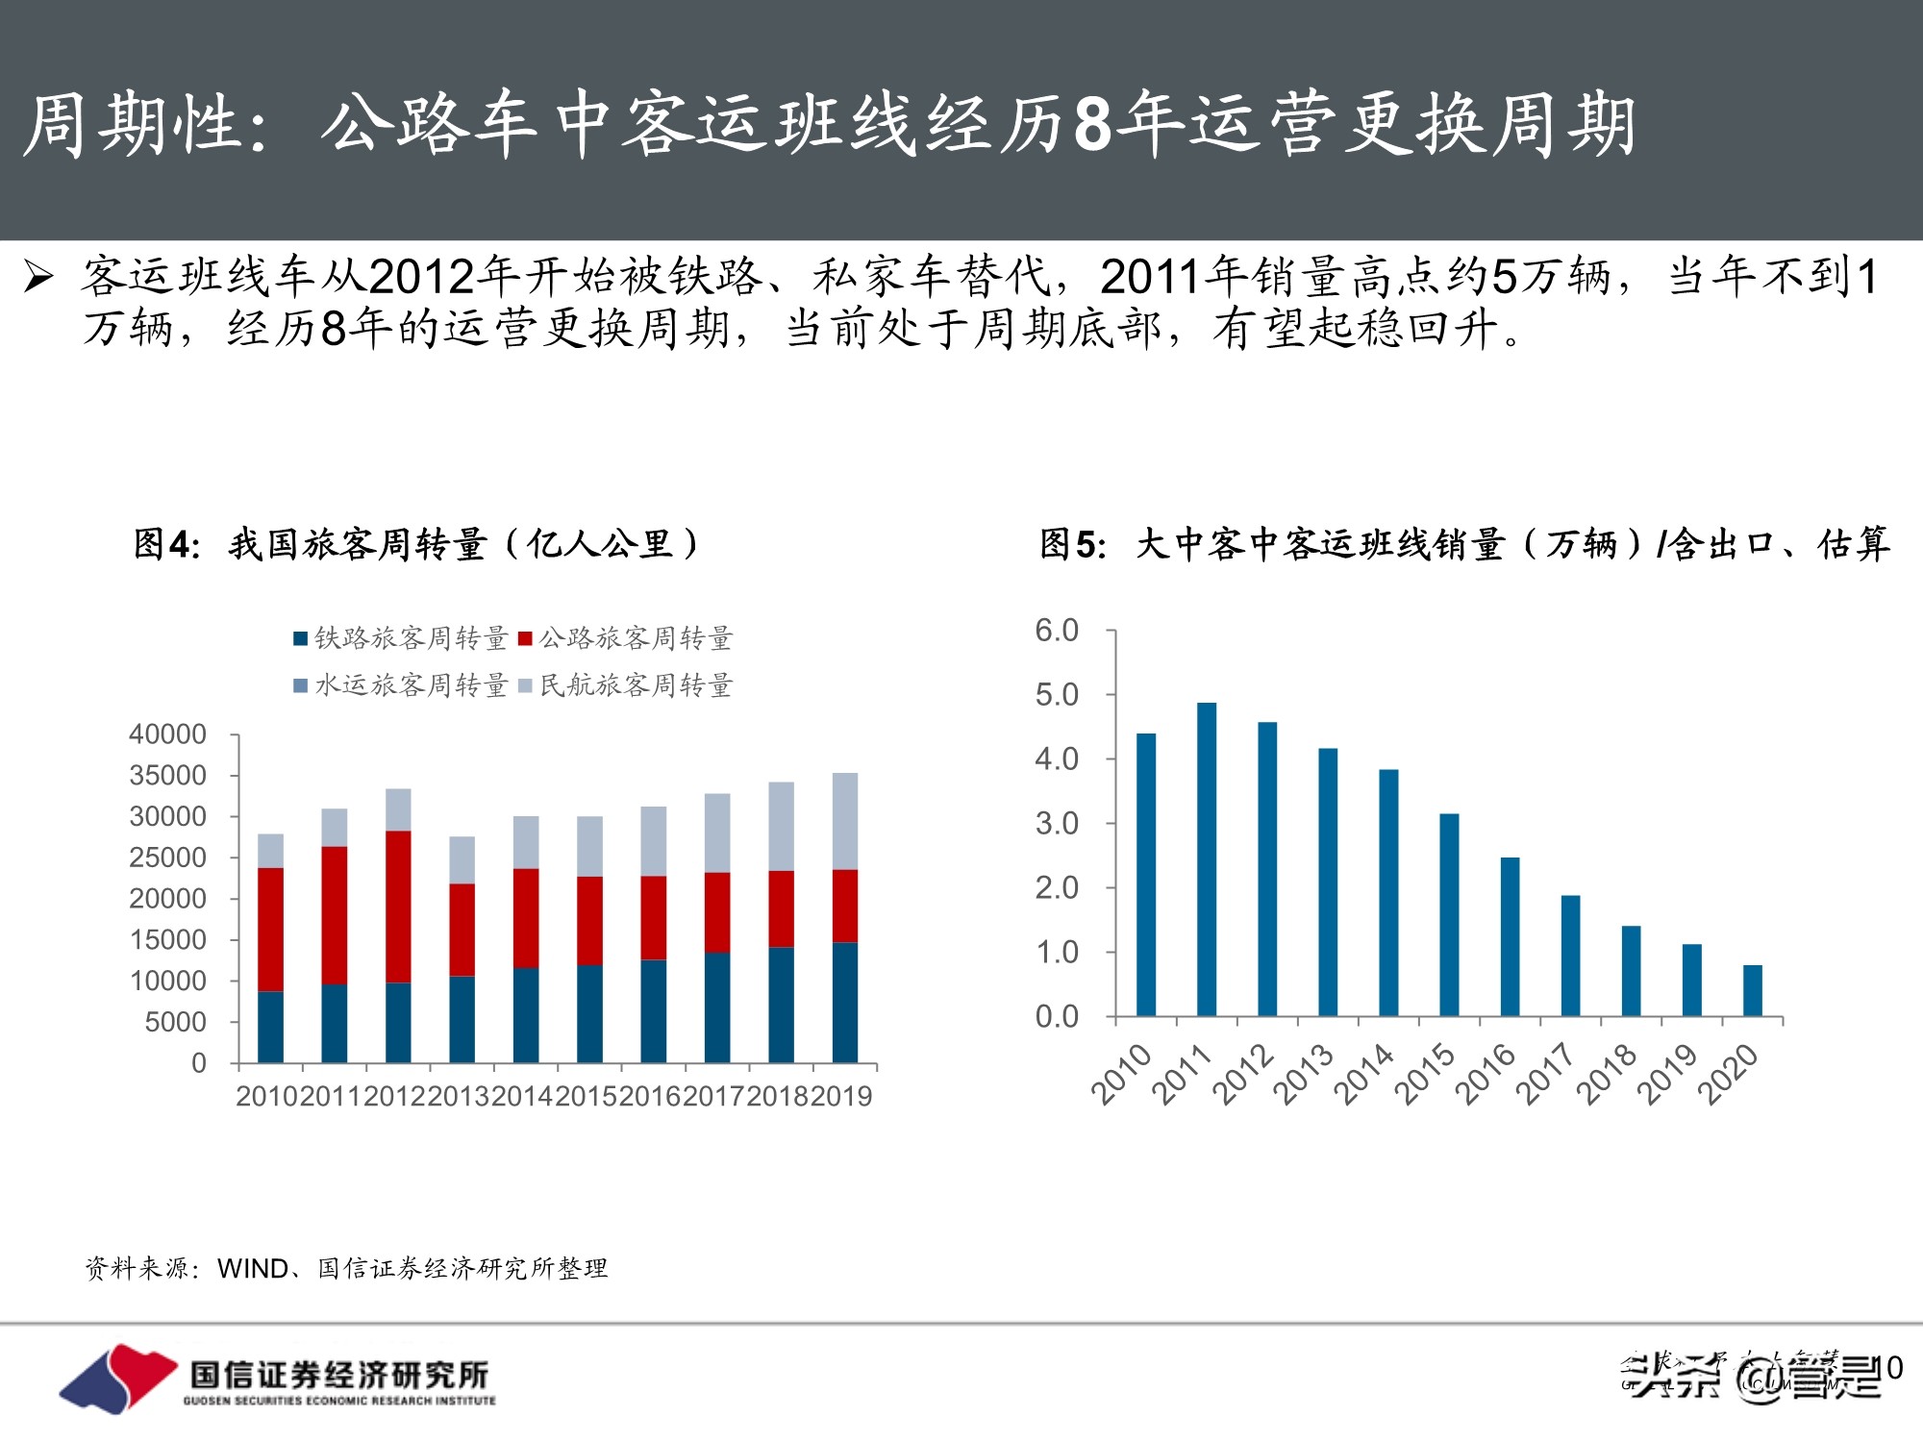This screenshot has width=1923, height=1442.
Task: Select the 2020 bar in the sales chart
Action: point(1753,990)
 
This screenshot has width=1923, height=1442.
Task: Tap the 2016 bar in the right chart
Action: point(1510,936)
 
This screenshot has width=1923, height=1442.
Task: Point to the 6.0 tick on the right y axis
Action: point(1057,631)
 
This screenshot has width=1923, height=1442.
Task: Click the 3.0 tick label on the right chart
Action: point(1057,824)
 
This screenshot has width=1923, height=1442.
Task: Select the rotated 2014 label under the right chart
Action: point(1363,1074)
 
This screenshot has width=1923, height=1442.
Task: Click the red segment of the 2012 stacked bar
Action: point(398,907)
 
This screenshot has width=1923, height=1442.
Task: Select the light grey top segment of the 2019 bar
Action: point(844,821)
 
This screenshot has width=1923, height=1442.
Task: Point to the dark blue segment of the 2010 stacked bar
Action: point(270,1027)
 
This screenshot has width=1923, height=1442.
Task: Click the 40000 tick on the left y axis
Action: point(168,734)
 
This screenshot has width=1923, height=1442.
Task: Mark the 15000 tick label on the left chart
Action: point(168,940)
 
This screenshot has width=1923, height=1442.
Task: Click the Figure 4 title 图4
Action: point(166,545)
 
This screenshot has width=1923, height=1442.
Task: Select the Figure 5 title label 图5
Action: point(1072,545)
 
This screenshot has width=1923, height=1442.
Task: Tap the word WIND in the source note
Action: point(253,1269)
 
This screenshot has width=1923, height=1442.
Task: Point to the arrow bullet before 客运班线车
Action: point(38,277)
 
